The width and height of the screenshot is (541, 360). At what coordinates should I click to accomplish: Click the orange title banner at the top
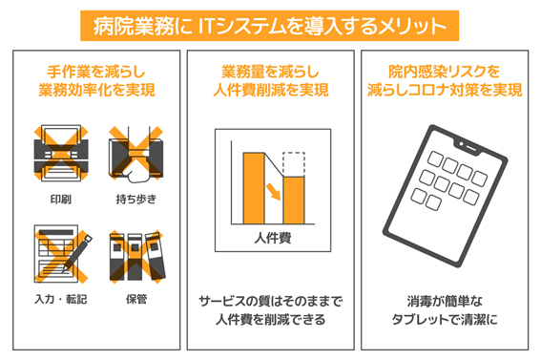[x=269, y=26]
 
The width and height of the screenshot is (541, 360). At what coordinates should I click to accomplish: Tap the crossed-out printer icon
[x=61, y=153]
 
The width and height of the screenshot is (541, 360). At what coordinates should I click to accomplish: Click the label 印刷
[x=61, y=200]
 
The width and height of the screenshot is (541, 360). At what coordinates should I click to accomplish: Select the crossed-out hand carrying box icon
[x=135, y=154]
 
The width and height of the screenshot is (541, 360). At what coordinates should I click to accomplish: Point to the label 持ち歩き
[x=135, y=200]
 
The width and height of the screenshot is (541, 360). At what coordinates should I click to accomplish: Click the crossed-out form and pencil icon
[x=62, y=254]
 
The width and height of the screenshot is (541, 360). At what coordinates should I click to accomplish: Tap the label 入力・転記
[x=61, y=299]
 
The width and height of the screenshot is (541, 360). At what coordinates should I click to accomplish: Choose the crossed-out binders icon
[x=137, y=257]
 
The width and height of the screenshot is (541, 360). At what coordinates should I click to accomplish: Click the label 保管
[x=136, y=299]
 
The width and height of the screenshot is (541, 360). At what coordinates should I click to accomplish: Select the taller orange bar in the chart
[x=254, y=188]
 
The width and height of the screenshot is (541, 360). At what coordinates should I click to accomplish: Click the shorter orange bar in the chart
[x=294, y=201]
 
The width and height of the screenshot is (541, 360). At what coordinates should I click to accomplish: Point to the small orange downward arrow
[x=273, y=192]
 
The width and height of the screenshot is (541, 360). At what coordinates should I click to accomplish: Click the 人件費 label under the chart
[x=273, y=238]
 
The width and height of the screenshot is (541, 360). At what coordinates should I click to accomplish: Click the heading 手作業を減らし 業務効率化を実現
[x=96, y=81]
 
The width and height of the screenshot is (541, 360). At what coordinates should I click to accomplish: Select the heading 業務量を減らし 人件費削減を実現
[x=271, y=81]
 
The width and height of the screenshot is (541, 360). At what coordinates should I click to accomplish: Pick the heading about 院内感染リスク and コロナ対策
[x=445, y=81]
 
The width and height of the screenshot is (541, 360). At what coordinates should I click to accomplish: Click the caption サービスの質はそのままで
[x=271, y=302]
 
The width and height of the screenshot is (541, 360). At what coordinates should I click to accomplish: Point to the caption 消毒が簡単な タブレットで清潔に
[x=445, y=310]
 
